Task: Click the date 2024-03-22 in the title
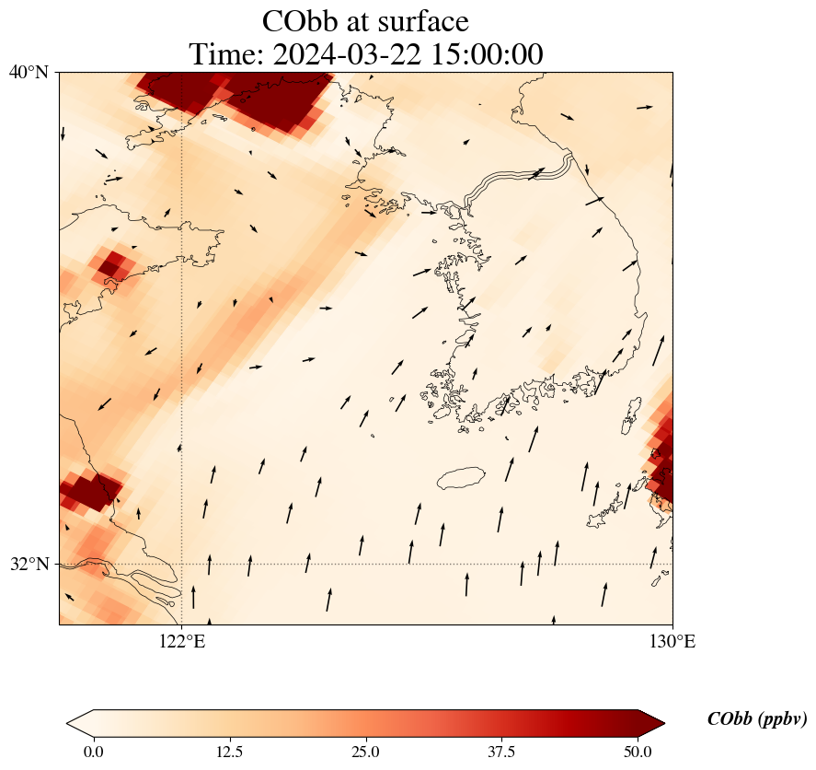[346, 55]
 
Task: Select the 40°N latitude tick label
[29, 72]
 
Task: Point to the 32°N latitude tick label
[29, 564]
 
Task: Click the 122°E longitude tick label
[181, 642]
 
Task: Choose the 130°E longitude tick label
[672, 642]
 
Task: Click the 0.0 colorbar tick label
[93, 752]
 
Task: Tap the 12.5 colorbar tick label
[229, 752]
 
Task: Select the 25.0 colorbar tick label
[366, 752]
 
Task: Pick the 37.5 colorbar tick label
[502, 752]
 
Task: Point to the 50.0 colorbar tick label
[638, 752]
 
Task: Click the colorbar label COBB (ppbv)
[756, 719]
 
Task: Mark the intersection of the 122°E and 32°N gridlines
[181, 564]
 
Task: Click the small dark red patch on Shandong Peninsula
[110, 266]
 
